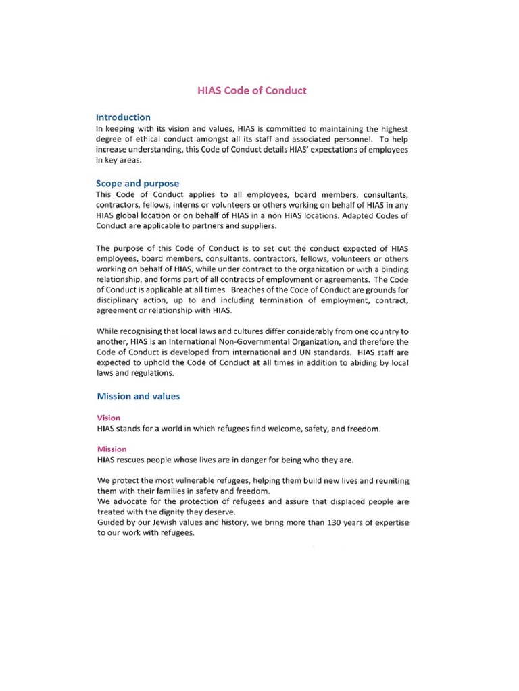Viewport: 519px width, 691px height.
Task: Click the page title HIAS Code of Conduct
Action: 251,90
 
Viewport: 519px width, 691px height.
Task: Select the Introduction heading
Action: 124,117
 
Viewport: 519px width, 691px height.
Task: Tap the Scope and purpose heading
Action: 137,184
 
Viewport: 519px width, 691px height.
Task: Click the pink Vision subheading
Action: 109,418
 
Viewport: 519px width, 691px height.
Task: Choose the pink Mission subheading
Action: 112,449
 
